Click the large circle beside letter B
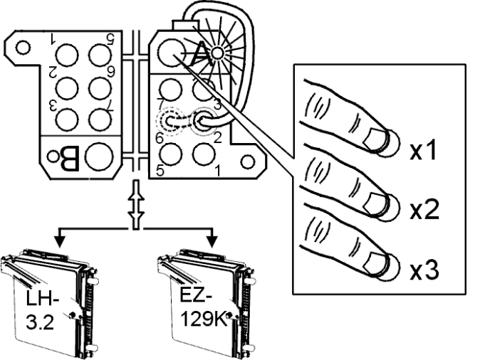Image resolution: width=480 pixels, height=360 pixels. click(x=99, y=153)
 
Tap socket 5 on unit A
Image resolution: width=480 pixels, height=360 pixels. click(x=171, y=153)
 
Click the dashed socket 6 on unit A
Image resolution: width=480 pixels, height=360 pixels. click(x=171, y=122)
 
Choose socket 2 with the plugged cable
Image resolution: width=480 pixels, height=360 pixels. click(x=205, y=121)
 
